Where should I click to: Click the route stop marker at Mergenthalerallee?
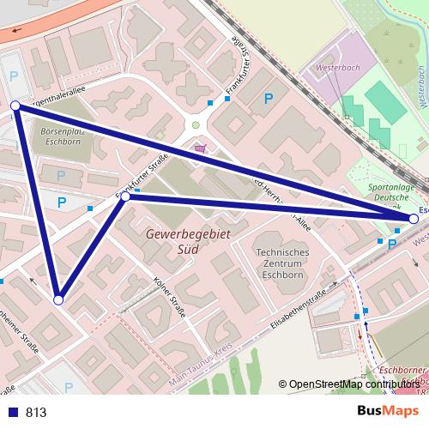pyautogui.click(x=15, y=105)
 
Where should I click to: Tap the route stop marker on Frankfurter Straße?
pyautogui.click(x=125, y=196)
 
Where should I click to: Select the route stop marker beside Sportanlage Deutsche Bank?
pyautogui.click(x=414, y=220)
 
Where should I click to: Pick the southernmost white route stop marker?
pyautogui.click(x=58, y=300)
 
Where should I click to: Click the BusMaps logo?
pyautogui.click(x=387, y=411)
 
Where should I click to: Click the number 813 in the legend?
pyautogui.click(x=36, y=413)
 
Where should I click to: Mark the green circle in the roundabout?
pyautogui.click(x=196, y=126)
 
